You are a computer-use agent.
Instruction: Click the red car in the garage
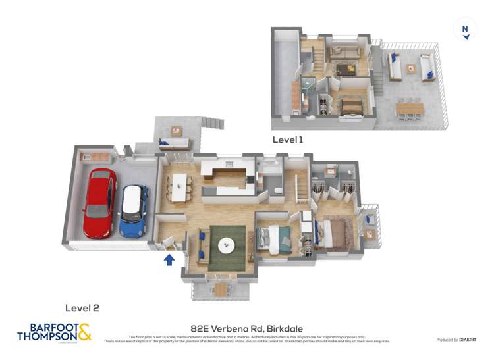99,203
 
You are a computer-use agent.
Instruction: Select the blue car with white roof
134,211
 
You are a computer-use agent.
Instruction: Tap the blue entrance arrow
169,259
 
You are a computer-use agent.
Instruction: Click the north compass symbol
465,30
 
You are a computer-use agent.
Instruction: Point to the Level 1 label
288,140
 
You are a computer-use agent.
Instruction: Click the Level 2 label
82,307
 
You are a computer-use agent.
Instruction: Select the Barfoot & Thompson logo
54,332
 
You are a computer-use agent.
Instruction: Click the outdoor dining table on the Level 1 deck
409,108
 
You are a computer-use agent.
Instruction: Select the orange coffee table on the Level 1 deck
411,68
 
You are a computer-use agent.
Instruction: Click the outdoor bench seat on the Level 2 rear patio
175,143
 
